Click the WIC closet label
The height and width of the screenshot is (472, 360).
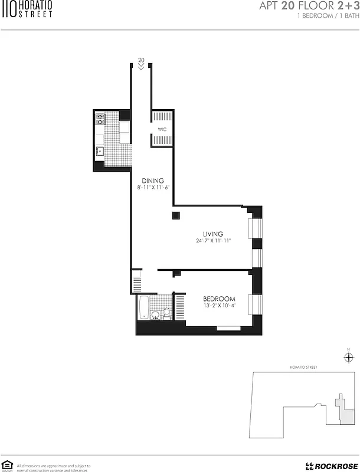(x=163, y=129)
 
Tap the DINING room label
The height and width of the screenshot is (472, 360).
(x=152, y=181)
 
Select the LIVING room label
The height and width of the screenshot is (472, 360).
(x=213, y=234)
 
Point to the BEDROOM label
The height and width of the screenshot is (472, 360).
(x=219, y=299)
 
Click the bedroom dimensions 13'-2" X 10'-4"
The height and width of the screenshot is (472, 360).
(x=219, y=306)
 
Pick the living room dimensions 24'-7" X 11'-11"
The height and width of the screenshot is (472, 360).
(x=213, y=241)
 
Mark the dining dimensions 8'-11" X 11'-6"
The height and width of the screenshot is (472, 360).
(x=152, y=187)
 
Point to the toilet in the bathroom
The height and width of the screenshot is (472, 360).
(x=167, y=313)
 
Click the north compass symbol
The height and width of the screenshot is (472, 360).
(x=348, y=358)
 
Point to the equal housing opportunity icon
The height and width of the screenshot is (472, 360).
(x=8, y=465)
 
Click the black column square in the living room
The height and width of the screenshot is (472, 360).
(x=175, y=216)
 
